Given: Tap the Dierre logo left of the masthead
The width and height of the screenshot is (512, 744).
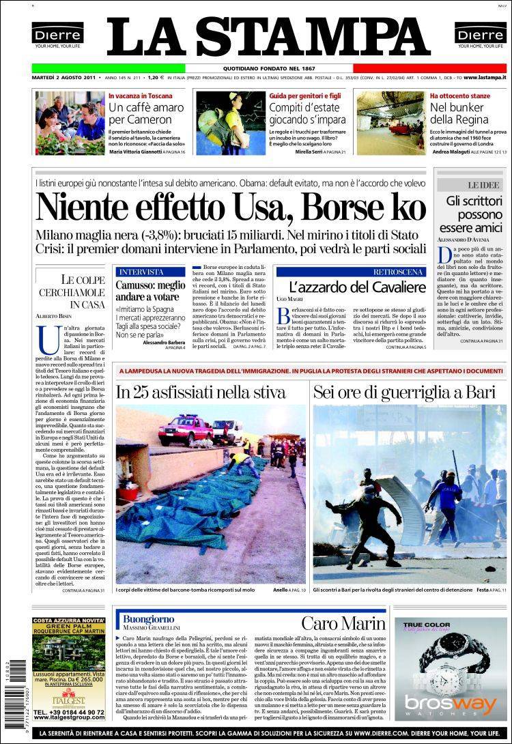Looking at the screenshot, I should point(57,35).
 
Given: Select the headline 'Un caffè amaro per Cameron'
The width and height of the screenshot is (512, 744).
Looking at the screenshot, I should point(146,113).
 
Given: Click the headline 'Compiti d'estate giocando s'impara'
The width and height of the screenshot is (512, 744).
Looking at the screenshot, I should point(307,113).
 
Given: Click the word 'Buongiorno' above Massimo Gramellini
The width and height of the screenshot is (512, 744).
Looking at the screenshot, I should point(150,619).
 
